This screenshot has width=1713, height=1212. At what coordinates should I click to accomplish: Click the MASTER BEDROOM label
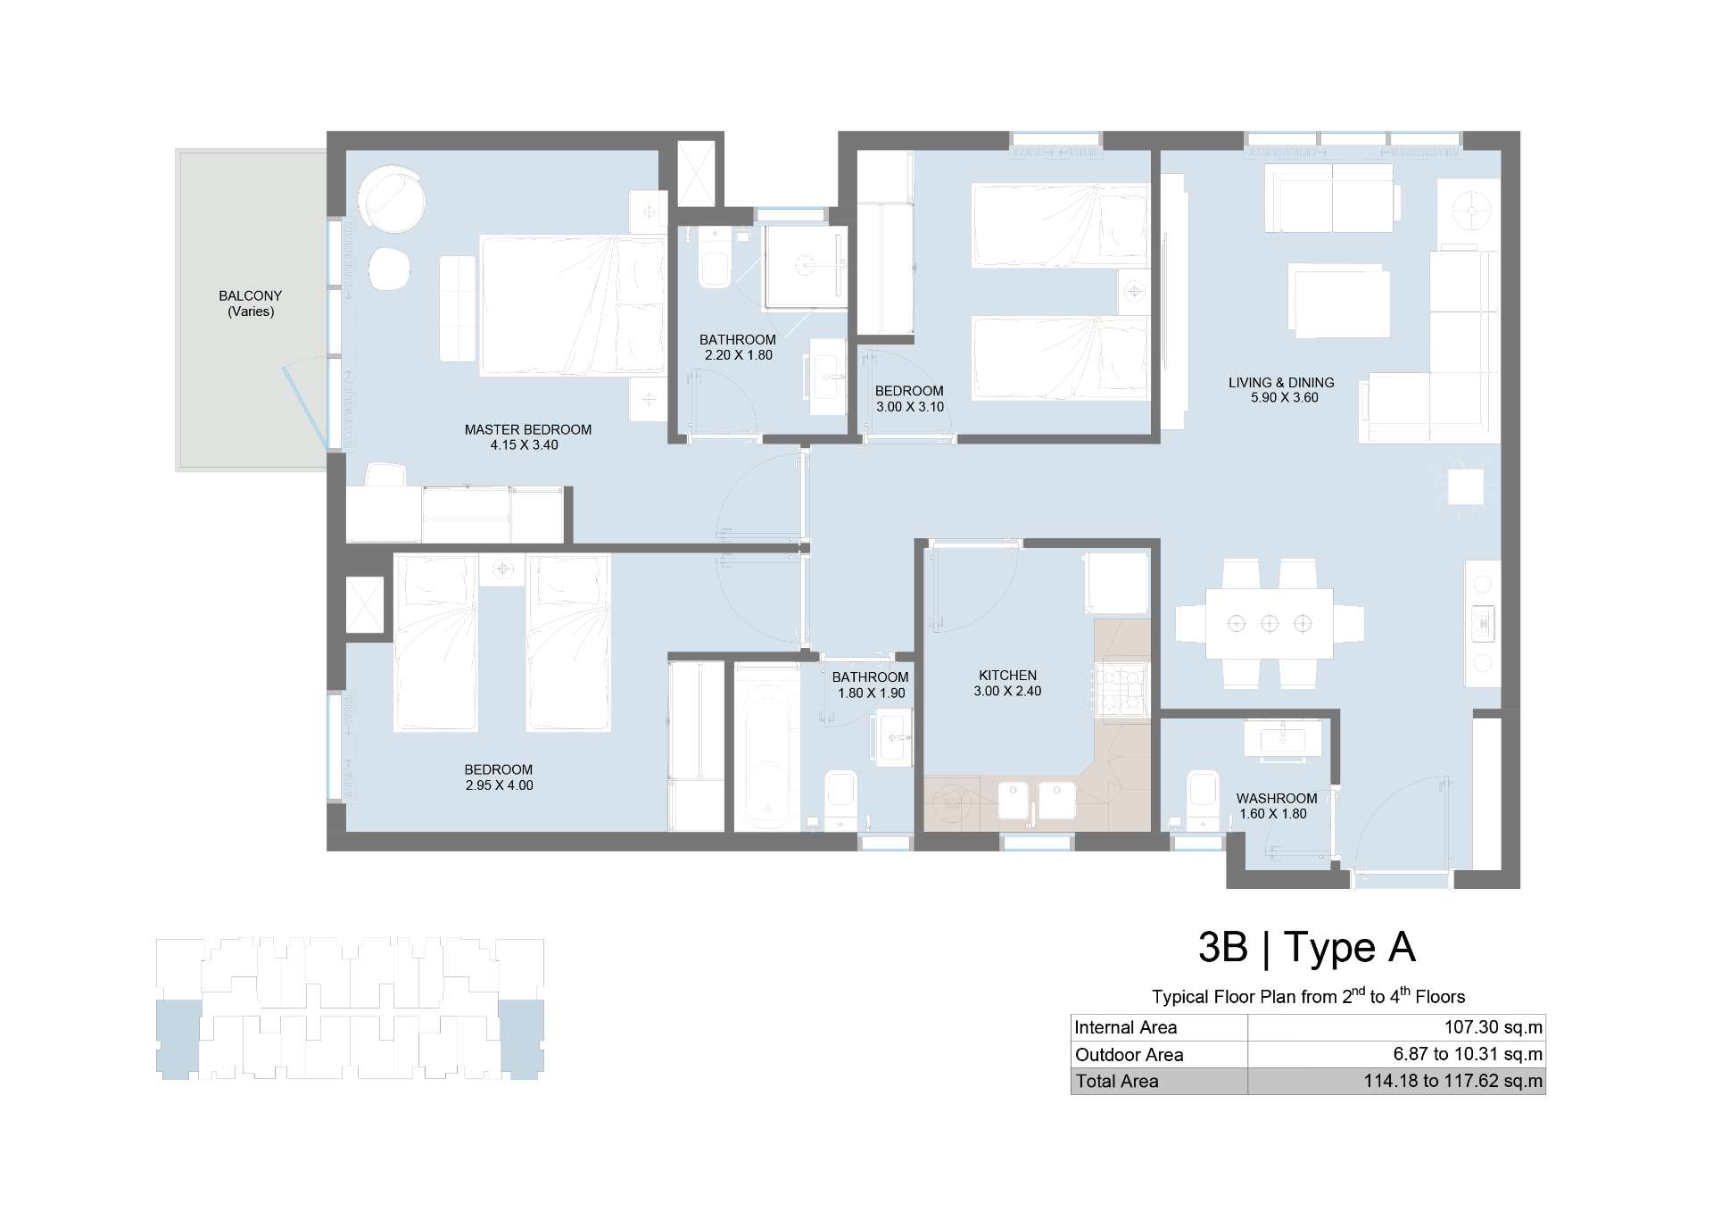[x=527, y=429]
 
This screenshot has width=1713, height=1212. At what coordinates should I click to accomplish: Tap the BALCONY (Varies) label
[x=251, y=303]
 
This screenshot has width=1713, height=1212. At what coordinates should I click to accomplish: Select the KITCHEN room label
[x=1007, y=676]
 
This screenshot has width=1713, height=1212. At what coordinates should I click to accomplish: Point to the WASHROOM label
[x=1277, y=798]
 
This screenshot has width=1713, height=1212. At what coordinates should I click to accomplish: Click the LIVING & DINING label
[x=1281, y=382]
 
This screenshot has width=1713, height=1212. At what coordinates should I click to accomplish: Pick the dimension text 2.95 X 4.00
[x=499, y=785]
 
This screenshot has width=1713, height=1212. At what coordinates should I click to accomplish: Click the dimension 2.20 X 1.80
[x=738, y=355]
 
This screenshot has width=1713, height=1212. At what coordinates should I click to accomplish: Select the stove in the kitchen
[x=1121, y=693]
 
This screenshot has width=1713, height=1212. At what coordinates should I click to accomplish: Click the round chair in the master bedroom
[x=391, y=200]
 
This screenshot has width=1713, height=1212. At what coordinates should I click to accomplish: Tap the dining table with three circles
[x=1269, y=623]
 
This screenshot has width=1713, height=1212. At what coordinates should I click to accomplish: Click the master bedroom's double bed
[x=572, y=305]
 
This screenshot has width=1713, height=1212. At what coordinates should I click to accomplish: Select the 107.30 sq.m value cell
[x=1493, y=1027]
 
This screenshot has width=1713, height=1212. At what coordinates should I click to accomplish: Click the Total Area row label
[x=1117, y=1081]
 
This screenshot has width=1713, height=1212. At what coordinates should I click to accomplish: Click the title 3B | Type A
[x=1307, y=947]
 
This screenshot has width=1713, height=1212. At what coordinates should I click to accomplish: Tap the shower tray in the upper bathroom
[x=805, y=265]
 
